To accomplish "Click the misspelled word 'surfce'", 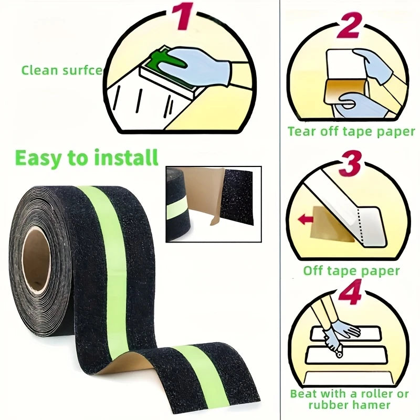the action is click(x=82, y=70).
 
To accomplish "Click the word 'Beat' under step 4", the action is click(x=304, y=394).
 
